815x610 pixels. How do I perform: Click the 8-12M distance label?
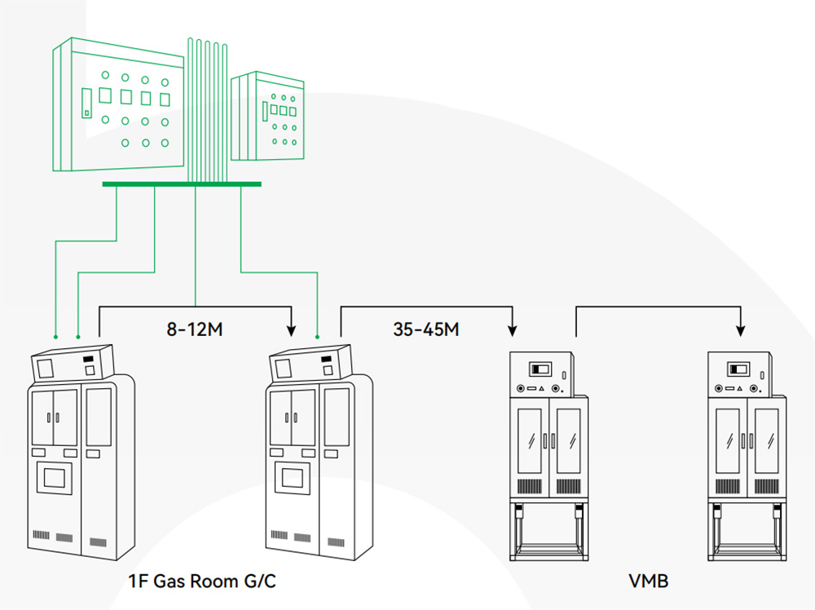coord(195,330)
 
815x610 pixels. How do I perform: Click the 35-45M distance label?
coord(425,330)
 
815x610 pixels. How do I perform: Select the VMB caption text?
coord(649,581)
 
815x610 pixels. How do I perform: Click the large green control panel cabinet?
coord(118,106)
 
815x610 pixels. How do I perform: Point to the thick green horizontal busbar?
coord(181,184)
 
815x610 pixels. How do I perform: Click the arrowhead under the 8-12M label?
coord(291,330)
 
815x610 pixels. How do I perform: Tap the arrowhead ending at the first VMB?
coord(513,330)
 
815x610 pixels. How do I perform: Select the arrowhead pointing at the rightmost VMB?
coord(740,330)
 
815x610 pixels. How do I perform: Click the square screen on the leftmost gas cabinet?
coord(54,475)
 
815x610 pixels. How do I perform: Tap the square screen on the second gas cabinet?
coord(293,475)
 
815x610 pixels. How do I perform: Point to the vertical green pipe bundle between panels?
coord(208,106)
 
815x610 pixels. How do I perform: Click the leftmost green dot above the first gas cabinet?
coord(55,335)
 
